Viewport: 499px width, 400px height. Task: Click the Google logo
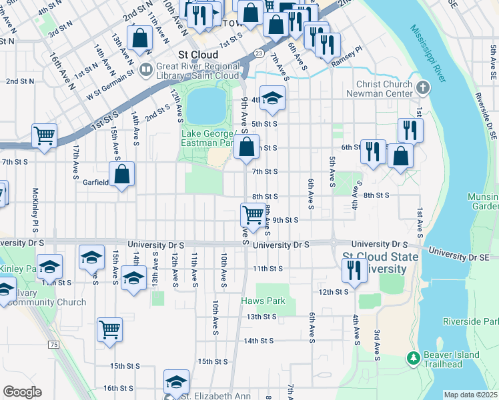point(22,392)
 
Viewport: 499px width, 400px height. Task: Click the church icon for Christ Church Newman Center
point(422,88)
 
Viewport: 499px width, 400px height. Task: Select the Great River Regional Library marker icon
point(146,67)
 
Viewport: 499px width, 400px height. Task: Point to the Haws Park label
point(263,301)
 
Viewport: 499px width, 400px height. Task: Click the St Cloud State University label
point(374,263)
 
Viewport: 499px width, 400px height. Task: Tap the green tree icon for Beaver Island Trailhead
point(414,359)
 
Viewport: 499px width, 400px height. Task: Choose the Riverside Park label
point(470,321)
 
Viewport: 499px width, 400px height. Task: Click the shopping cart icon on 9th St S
point(253,215)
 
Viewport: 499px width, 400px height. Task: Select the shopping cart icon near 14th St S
point(109,329)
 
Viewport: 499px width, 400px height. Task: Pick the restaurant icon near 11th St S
point(353,269)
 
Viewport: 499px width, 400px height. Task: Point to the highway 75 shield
point(53,344)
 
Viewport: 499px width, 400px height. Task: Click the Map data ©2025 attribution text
point(470,395)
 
